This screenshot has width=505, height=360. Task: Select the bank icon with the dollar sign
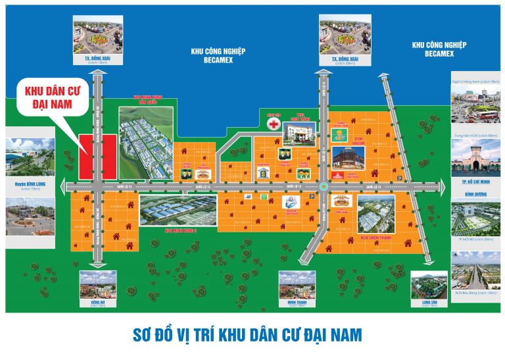261,172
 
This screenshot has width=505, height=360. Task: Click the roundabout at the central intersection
324,187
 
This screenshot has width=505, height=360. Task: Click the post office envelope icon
248,197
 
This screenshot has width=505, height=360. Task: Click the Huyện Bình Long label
31,184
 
